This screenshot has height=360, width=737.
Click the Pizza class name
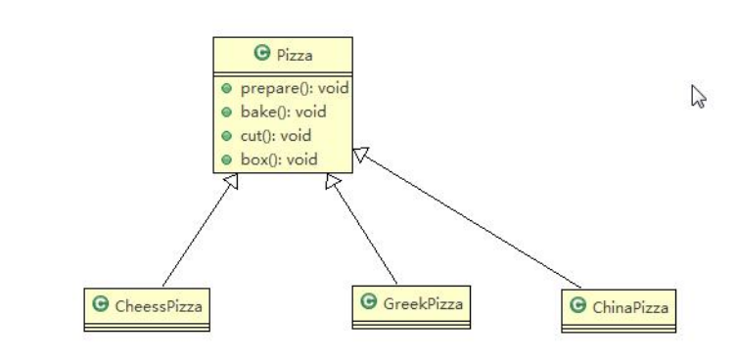[295, 56]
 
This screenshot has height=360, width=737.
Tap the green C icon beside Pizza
[261, 53]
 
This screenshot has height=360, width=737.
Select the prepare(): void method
[295, 88]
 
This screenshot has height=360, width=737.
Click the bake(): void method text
[283, 112]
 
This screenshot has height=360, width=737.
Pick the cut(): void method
[276, 136]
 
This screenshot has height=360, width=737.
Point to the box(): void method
[279, 159]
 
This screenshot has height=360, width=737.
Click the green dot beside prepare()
[226, 88]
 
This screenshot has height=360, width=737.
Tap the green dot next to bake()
[226, 112]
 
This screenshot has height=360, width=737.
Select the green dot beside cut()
[226, 136]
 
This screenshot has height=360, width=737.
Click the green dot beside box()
[226, 159]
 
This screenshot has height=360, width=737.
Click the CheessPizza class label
[159, 306]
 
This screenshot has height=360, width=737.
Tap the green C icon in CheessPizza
[101, 304]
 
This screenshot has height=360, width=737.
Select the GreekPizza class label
[423, 304]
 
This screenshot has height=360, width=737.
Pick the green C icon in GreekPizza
[368, 301]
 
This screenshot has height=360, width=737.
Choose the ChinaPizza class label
[630, 308]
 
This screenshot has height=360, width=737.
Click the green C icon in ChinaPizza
[577, 305]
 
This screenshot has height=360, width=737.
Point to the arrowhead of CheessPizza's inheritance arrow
[233, 180]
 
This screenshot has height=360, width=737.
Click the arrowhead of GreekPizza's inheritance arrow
[332, 180]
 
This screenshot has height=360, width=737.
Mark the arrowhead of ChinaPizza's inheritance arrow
[359, 154]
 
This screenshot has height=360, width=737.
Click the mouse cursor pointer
[698, 96]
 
